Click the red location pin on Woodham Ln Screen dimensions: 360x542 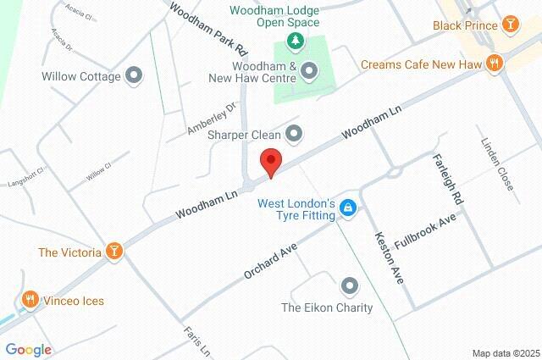[x=270, y=161]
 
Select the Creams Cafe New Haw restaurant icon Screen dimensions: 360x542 [x=494, y=64]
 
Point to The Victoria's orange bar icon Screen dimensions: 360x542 [x=113, y=252]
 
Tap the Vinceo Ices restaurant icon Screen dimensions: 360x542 [x=30, y=298]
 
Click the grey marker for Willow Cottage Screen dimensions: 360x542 [x=134, y=76]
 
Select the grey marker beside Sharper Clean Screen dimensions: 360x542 [x=294, y=133]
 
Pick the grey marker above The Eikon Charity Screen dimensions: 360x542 [x=349, y=285]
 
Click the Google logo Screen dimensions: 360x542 [x=28, y=349]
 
